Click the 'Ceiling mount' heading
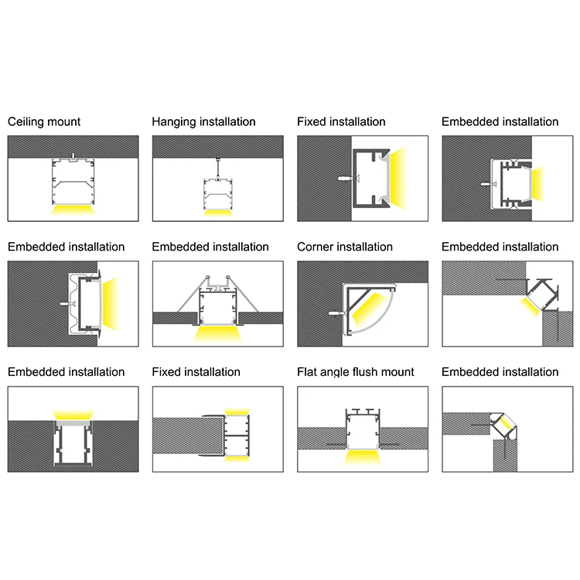tap(44, 122)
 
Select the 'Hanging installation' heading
tap(203, 122)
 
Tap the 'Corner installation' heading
tap(345, 247)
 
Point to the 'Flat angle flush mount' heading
tap(356, 373)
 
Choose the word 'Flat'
tap(308, 373)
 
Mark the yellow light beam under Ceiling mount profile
tap(73, 210)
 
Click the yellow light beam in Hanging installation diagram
tap(217, 211)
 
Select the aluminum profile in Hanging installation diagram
tap(217, 192)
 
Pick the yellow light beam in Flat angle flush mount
tap(363, 457)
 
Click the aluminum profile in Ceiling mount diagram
tap(73, 182)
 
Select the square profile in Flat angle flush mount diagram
tap(363, 429)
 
